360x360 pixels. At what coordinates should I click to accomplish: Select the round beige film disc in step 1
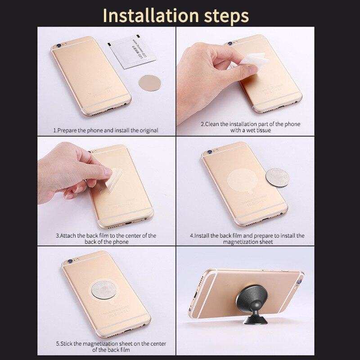click(149, 82)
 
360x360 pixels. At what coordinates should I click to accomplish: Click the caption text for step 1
click(106, 130)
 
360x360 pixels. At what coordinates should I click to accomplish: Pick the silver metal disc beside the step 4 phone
click(277, 178)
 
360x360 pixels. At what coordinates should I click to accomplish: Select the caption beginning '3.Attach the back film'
click(106, 238)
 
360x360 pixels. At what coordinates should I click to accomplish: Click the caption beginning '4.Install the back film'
click(247, 238)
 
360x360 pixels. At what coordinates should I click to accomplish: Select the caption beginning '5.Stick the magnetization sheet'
click(111, 346)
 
